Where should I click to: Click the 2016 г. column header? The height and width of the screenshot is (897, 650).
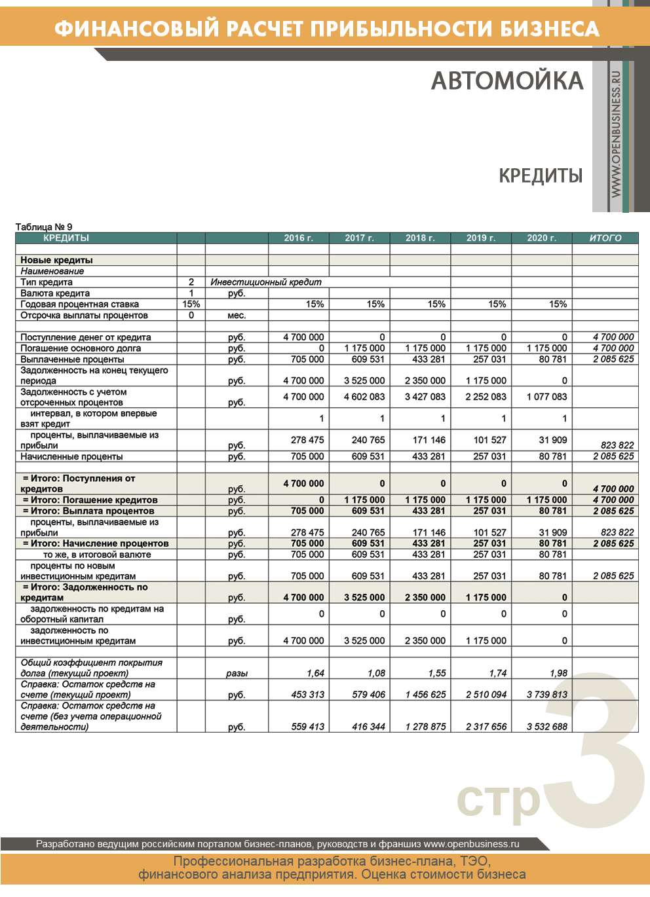click(x=298, y=238)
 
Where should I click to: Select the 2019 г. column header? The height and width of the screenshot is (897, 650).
click(x=481, y=238)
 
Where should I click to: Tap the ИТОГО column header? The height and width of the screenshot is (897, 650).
click(x=605, y=238)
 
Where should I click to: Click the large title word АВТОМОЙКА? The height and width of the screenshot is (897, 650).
click(x=507, y=81)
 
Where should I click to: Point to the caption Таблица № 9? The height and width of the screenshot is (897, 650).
click(x=44, y=227)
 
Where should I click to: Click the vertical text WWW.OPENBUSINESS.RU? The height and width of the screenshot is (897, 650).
click(x=616, y=134)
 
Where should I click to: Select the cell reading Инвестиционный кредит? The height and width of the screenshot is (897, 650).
click(x=266, y=282)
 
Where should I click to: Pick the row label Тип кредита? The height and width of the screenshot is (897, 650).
click(x=47, y=282)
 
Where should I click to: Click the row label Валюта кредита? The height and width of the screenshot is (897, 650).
click(x=55, y=293)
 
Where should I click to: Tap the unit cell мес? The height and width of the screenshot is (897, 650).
click(x=237, y=316)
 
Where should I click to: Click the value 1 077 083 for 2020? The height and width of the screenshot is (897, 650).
click(x=546, y=397)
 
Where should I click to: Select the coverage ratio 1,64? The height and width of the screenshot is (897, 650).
click(x=315, y=673)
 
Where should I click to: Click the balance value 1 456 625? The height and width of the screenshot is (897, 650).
click(x=425, y=695)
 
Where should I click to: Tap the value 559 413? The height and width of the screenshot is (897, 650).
click(x=307, y=727)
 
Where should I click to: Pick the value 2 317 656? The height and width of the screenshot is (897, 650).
click(x=486, y=727)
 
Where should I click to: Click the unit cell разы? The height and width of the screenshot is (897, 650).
click(x=237, y=673)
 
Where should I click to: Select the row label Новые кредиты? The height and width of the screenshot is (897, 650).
click(x=56, y=260)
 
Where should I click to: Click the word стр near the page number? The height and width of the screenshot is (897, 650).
click(x=498, y=799)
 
